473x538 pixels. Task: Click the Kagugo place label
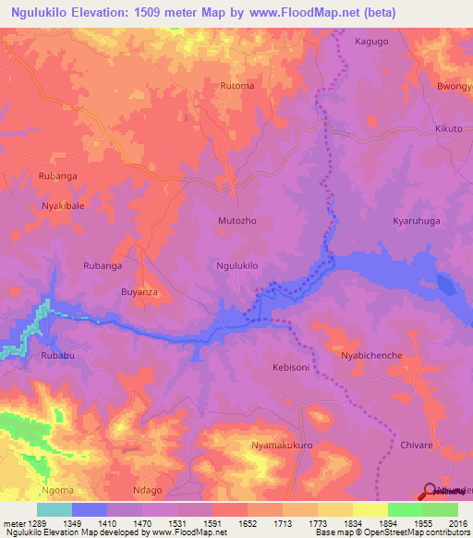click(x=373, y=43)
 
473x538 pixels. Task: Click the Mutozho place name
click(x=237, y=223)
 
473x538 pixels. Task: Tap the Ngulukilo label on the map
click(x=236, y=265)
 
